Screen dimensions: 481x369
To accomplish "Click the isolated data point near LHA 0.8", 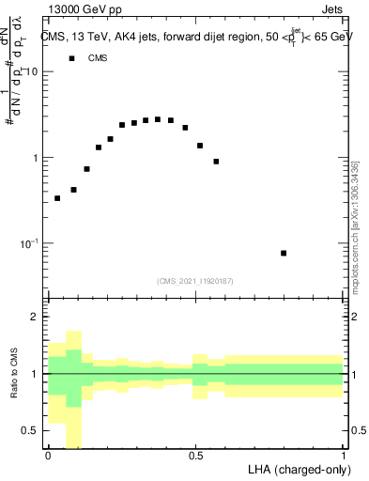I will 284,253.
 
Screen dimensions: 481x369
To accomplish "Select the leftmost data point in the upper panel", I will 57,198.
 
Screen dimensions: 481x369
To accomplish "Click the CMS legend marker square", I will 70,58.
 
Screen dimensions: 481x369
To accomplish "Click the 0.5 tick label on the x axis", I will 195,456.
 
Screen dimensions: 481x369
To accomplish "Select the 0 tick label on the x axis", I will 47,456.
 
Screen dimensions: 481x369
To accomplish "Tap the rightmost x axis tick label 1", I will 344,456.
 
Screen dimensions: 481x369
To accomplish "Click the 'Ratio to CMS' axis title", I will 14,374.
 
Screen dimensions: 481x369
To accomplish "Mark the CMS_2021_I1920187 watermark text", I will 194,281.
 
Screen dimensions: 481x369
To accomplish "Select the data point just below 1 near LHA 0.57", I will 216,162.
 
